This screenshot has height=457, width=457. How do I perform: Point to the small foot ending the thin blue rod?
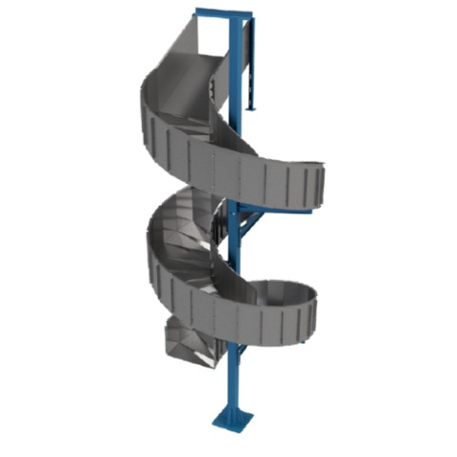click(x=251, y=110)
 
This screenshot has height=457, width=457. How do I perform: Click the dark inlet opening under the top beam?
click(x=211, y=38)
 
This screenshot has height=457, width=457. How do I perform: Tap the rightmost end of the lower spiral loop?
click(x=314, y=309)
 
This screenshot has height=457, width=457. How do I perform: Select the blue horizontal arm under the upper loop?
click(x=286, y=209)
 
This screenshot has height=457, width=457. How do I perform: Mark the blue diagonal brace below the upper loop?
click(x=249, y=226)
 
